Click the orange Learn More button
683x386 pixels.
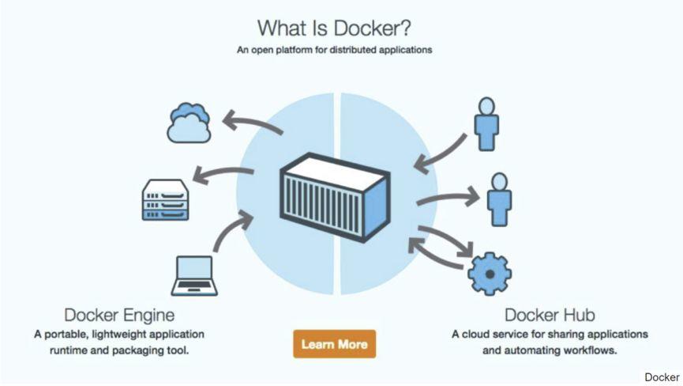coord(334,344)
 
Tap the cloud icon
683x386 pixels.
coord(190,122)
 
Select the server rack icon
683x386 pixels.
coord(166,200)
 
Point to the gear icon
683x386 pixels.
coord(490,271)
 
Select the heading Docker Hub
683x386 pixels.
coord(550,315)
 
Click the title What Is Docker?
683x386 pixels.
coord(335,28)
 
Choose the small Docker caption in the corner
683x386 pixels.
coord(662,377)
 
